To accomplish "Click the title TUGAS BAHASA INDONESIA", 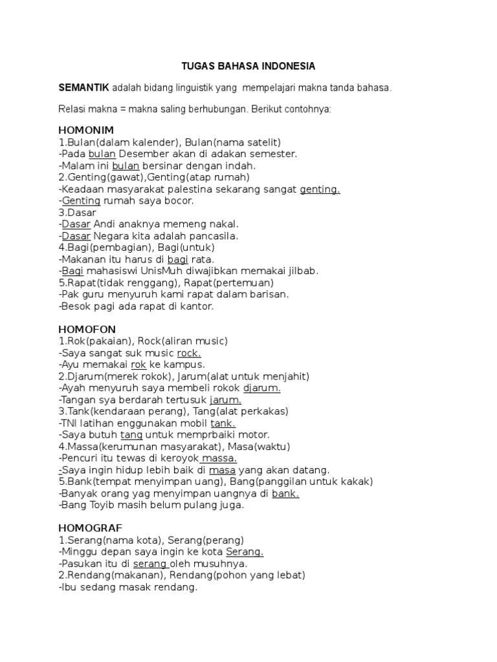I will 248,67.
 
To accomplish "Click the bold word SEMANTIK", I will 84,87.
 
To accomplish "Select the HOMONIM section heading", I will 86,130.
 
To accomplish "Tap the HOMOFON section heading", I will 87,329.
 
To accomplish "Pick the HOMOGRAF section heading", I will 90,528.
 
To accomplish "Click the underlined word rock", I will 189,353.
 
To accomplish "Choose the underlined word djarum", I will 261,389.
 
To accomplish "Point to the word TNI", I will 71,423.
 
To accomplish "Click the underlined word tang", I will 131,435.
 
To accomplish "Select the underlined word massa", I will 220,458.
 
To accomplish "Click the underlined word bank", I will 285,494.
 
